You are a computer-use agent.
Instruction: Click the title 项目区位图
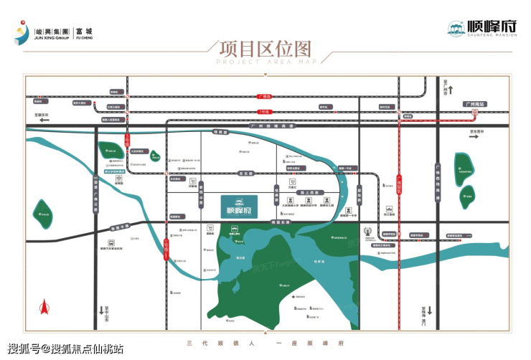pyautogui.click(x=265, y=49)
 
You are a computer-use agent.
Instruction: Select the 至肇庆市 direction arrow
pyautogui.click(x=43, y=120)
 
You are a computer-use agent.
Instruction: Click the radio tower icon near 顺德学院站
pyautogui.click(x=368, y=232)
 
